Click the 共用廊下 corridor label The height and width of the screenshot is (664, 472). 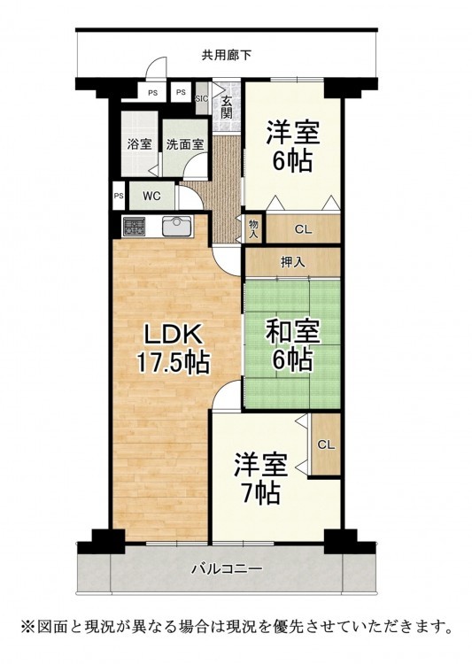(227, 55)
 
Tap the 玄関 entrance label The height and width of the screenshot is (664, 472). (227, 107)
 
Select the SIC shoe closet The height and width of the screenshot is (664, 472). (202, 98)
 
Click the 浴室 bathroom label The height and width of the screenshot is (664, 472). (140, 144)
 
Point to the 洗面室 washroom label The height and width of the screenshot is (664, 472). (185, 144)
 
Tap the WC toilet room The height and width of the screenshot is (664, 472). (151, 196)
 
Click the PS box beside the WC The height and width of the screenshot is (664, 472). (119, 196)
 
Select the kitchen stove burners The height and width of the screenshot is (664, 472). (134, 227)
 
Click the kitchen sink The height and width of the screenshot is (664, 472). (177, 227)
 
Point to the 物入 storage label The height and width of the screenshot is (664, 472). (253, 229)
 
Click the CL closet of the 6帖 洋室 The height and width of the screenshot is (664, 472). (304, 229)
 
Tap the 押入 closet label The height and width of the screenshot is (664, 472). (293, 263)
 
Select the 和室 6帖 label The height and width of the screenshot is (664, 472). (293, 344)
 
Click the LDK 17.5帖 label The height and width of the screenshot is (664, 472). (173, 349)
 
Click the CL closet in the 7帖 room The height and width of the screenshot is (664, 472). (326, 444)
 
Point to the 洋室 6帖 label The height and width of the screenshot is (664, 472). (293, 146)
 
